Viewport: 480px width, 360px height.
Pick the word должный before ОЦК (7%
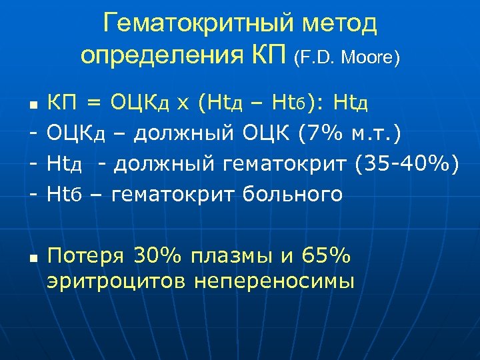pos(183,134)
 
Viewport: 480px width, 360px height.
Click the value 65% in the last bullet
pos(325,255)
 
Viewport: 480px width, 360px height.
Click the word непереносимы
pos(274,281)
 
